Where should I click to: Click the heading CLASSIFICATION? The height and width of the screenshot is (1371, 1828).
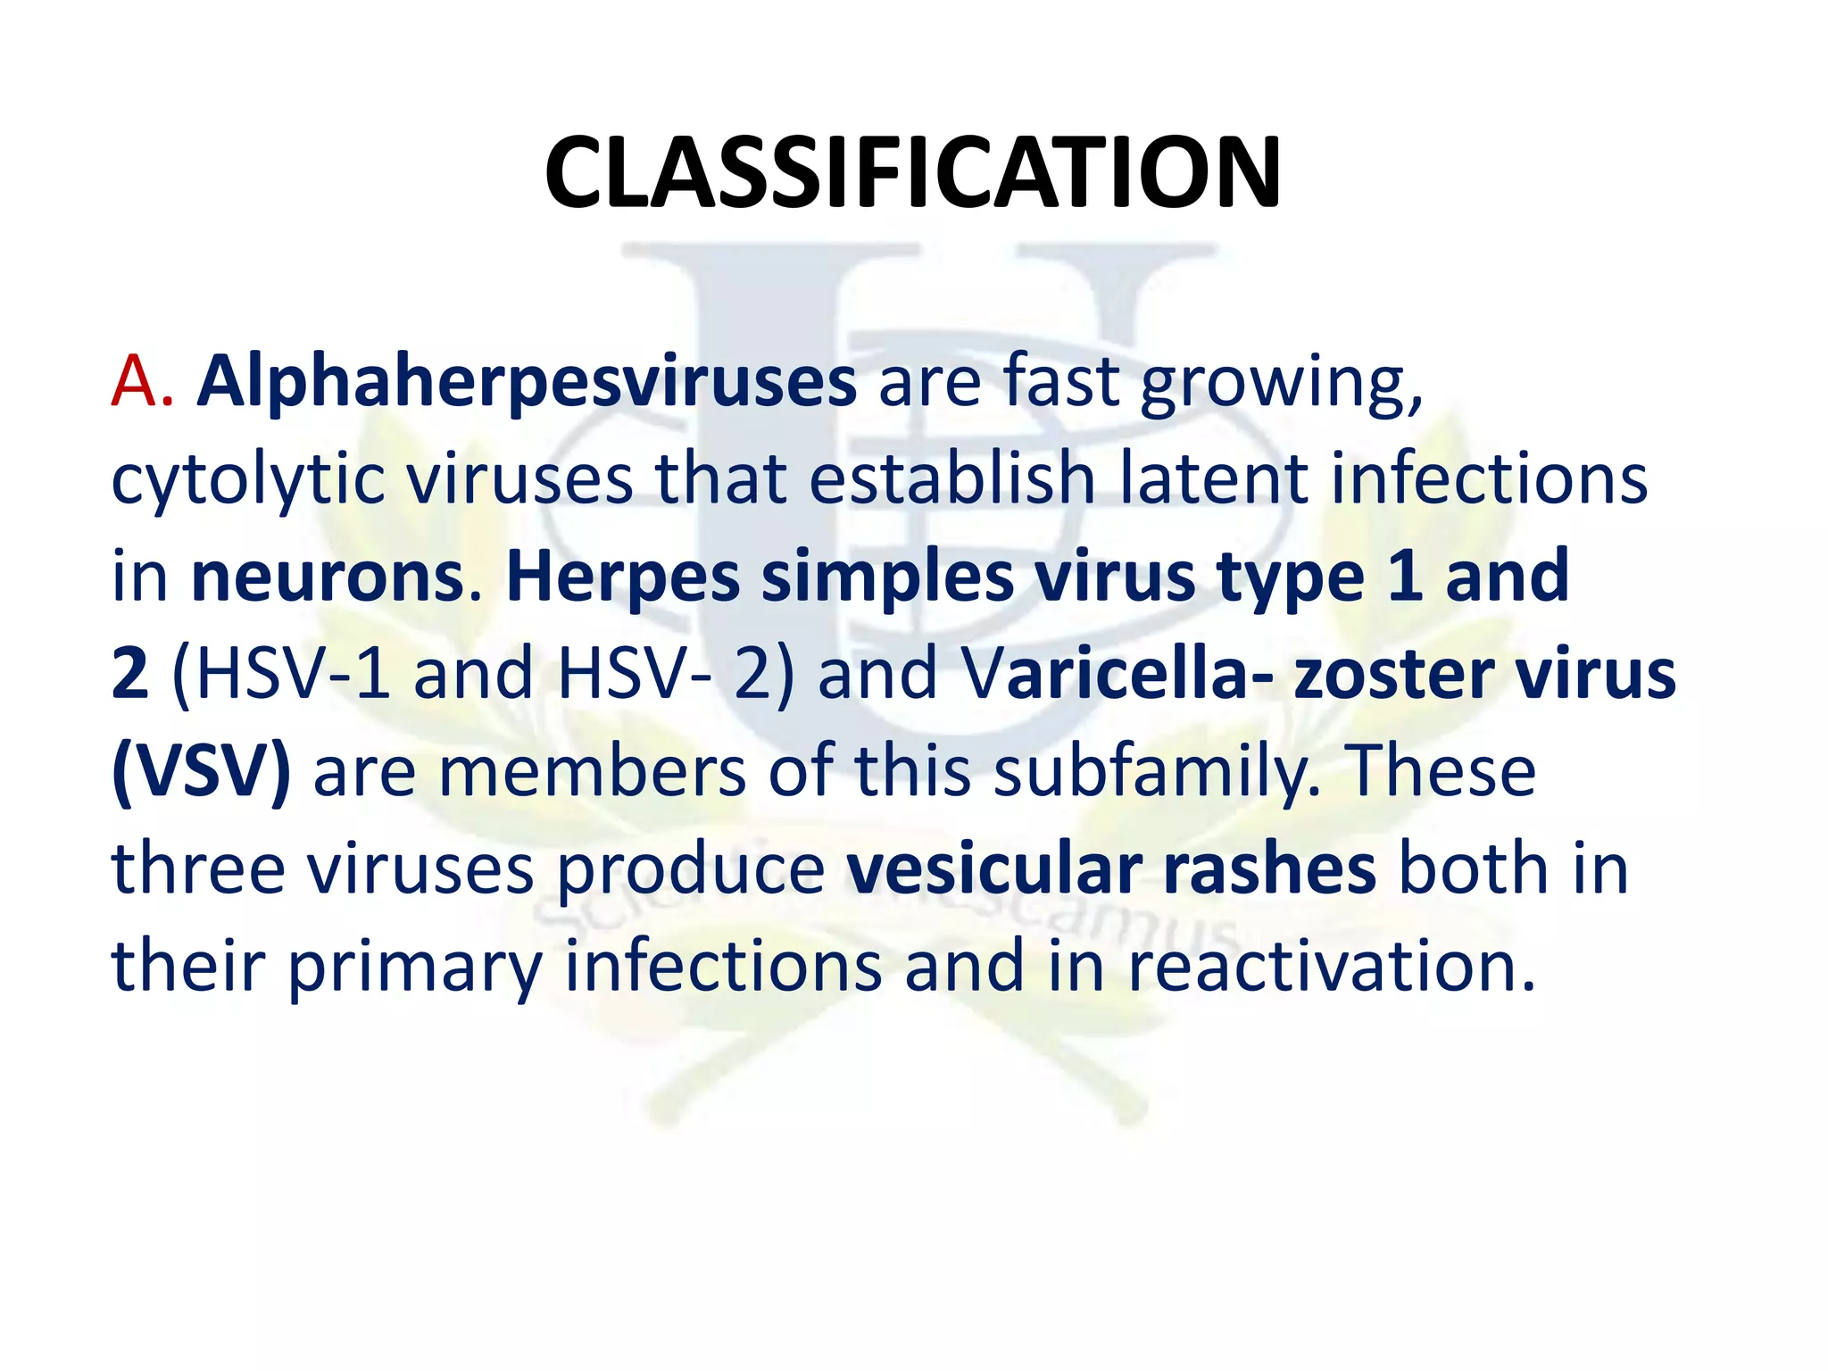[912, 173]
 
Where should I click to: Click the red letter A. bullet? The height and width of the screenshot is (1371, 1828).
[141, 381]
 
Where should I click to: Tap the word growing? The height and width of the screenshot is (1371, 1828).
[1282, 383]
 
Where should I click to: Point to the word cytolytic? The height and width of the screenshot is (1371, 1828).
[248, 481]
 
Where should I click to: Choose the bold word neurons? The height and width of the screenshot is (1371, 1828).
[327, 577]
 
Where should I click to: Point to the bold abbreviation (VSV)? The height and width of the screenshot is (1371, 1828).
[202, 772]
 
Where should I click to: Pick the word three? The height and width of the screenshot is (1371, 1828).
[197, 869]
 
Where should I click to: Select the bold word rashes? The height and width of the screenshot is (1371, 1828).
[1268, 869]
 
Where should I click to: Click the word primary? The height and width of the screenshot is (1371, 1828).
[414, 968]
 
